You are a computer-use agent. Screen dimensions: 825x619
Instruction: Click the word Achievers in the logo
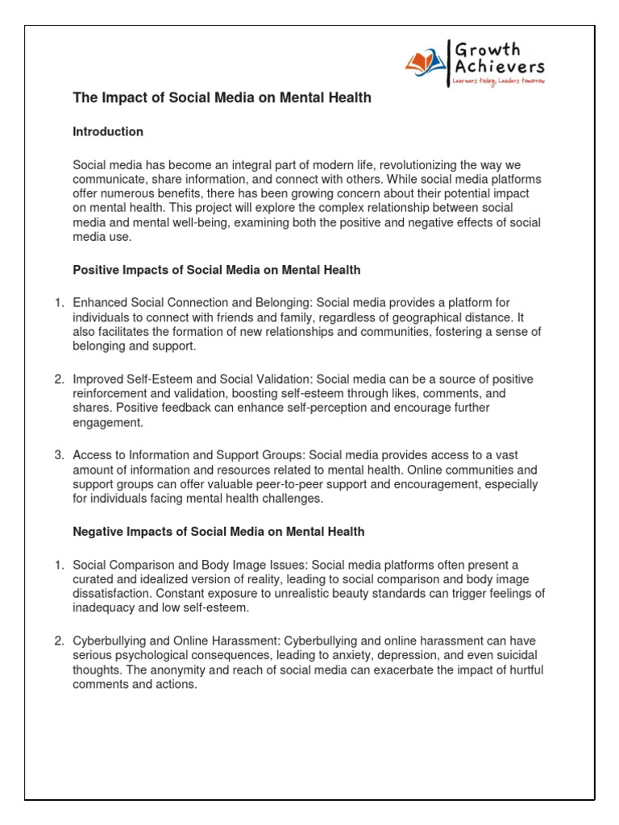click(498, 67)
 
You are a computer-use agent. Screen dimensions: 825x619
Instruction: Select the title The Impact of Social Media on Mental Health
click(222, 98)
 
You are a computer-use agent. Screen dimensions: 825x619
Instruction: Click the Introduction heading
click(108, 131)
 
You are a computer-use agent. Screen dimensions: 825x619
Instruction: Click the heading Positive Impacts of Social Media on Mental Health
click(217, 270)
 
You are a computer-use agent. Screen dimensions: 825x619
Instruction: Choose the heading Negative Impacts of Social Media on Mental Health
click(218, 532)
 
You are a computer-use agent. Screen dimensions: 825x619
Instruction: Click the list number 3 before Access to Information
click(59, 454)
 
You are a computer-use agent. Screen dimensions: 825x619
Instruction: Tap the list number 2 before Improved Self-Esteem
click(59, 379)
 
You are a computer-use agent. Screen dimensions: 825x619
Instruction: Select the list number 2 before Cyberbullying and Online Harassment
click(59, 641)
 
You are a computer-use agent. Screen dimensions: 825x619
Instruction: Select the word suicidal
click(514, 655)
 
